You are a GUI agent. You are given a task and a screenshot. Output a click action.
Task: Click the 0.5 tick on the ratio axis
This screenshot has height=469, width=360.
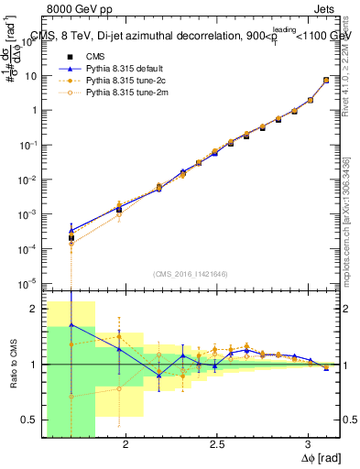30,420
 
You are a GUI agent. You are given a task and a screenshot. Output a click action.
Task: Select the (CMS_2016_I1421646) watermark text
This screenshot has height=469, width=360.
191,273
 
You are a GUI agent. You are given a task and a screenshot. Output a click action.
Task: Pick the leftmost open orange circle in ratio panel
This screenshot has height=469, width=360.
71,397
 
